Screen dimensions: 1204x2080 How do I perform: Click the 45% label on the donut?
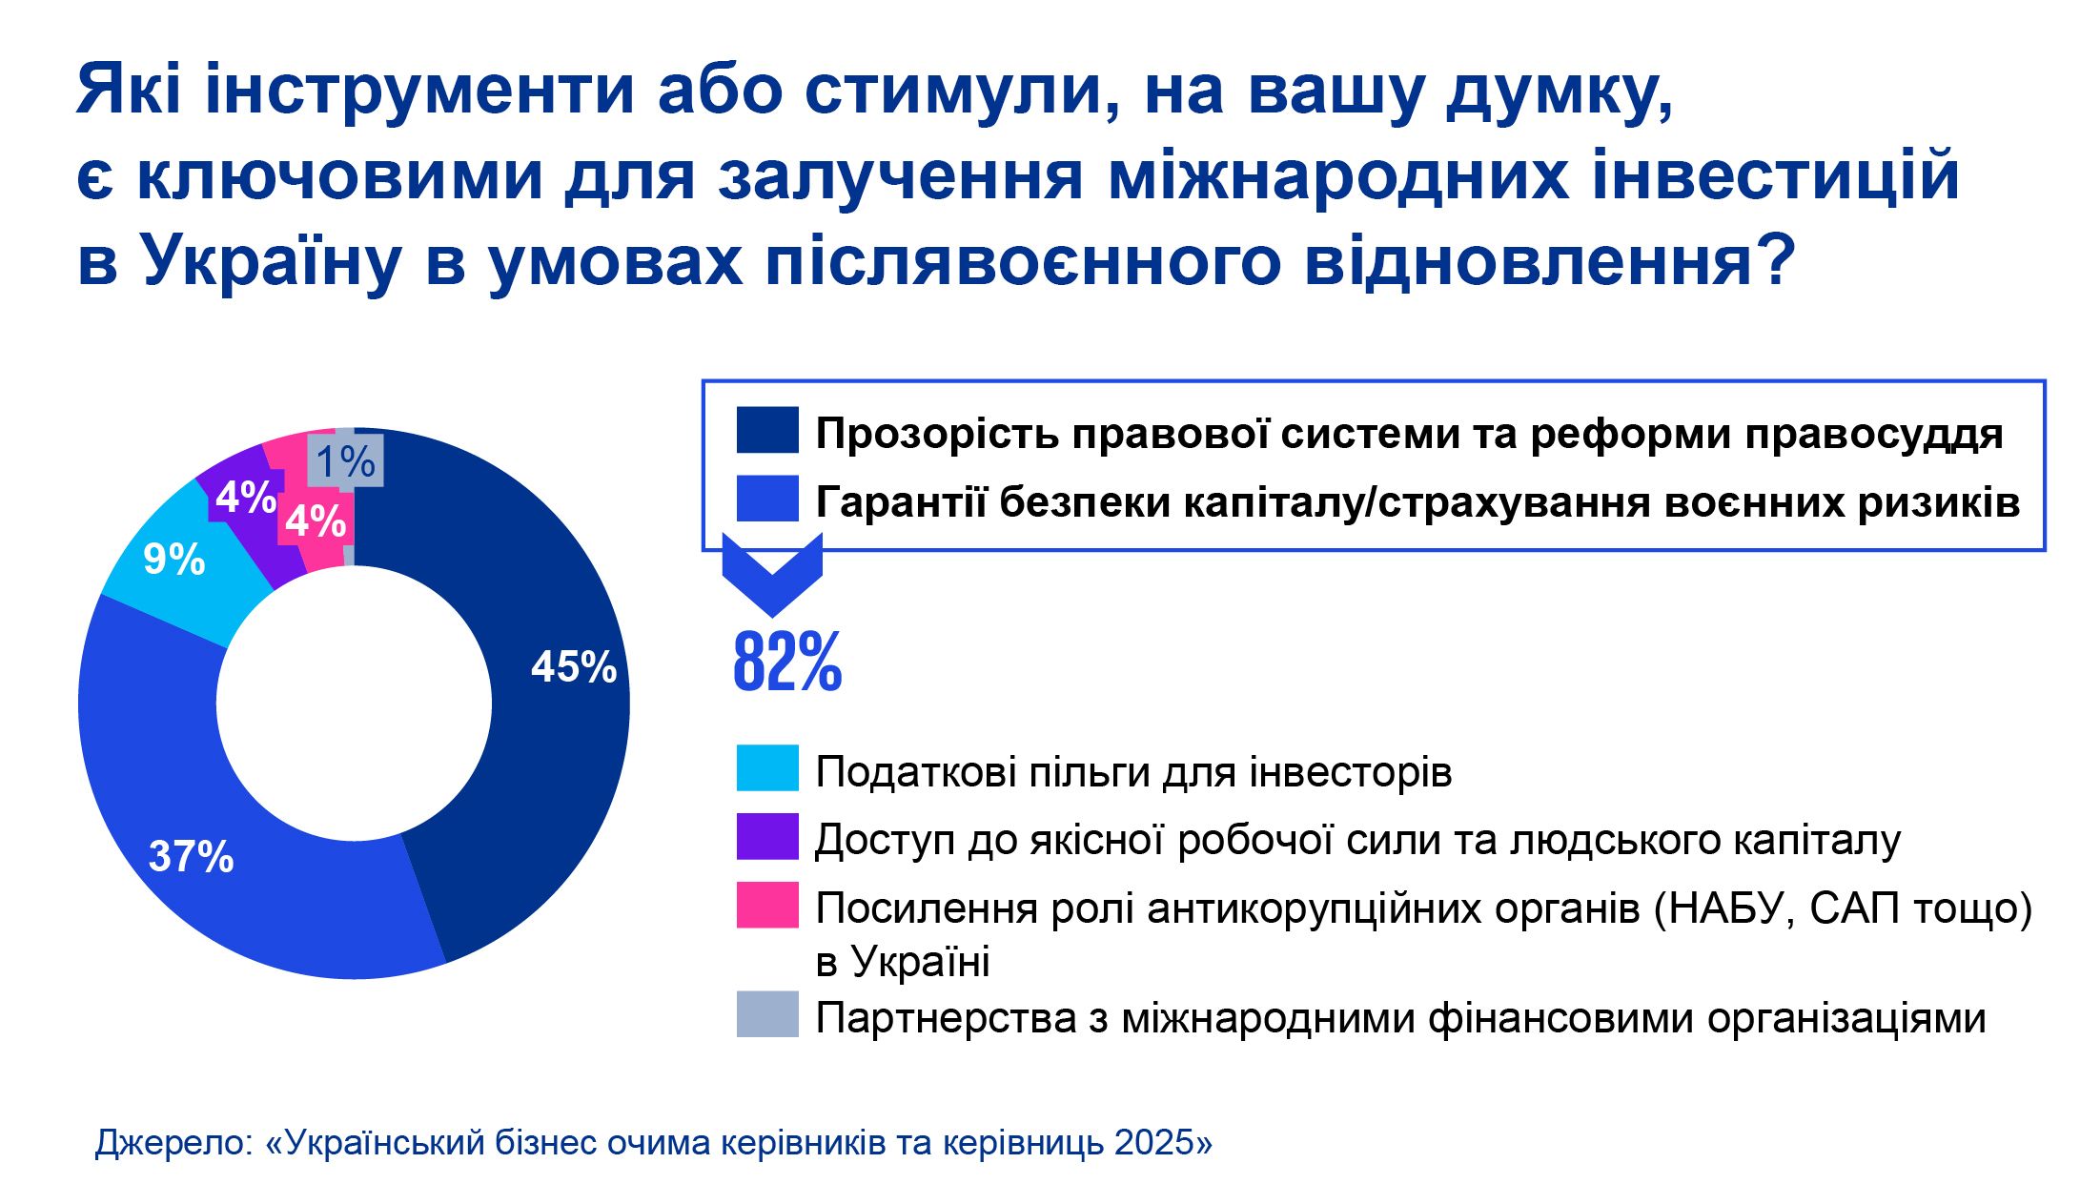(573, 667)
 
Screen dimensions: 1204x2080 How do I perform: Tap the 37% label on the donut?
(191, 857)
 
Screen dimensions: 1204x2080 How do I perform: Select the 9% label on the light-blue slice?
(173, 560)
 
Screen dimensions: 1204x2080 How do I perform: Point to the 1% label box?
(345, 461)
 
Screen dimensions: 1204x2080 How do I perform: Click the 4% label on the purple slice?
(245, 497)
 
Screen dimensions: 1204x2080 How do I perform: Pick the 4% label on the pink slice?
(315, 520)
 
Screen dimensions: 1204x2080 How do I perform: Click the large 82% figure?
(786, 662)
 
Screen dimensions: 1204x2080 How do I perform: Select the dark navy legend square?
(766, 430)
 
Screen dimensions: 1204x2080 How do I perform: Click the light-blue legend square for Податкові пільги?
(766, 768)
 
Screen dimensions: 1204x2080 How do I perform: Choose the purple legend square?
(766, 837)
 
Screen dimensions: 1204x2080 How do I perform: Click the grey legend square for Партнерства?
(766, 1014)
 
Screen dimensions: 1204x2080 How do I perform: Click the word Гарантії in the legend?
(900, 502)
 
